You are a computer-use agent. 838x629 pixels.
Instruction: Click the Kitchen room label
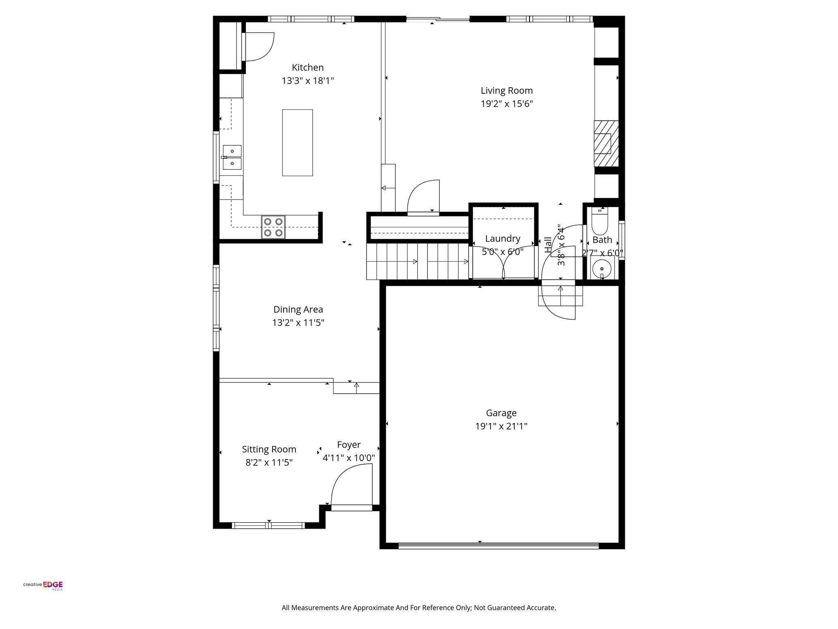tap(307, 68)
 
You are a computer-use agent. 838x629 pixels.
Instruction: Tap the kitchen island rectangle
tap(297, 143)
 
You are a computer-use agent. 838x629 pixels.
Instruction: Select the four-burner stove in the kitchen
tap(273, 227)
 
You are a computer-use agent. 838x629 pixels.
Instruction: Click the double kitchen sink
tap(232, 158)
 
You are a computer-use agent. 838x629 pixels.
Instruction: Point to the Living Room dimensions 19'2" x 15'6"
tap(507, 104)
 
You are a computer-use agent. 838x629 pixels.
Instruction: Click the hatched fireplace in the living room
tap(606, 143)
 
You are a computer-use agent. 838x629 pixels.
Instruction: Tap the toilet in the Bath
tap(600, 222)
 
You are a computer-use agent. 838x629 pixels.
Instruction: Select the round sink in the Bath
tap(602, 268)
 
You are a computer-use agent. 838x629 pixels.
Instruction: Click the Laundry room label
tap(502, 239)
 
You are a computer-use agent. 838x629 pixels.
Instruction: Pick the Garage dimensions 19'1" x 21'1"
tap(501, 426)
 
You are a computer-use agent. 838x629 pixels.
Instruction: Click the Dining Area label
tap(298, 310)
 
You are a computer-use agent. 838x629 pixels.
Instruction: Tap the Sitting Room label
tap(269, 449)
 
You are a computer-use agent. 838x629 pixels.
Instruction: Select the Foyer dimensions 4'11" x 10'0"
tap(349, 458)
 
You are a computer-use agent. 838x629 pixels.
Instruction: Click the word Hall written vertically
tap(548, 244)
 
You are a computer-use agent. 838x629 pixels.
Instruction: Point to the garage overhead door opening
tap(498, 545)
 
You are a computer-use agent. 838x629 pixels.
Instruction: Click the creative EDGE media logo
tap(43, 585)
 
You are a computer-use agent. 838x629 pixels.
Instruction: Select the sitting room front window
tap(268, 525)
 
